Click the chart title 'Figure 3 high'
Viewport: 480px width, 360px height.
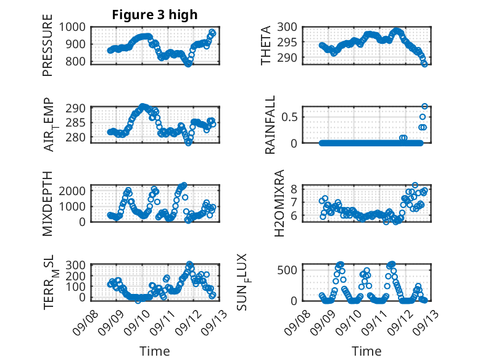tap(154, 15)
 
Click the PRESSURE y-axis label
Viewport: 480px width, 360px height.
tap(48, 50)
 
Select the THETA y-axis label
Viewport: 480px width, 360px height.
tap(266, 46)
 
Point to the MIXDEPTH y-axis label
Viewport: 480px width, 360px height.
tap(48, 203)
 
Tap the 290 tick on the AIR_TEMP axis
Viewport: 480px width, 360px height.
tap(78, 108)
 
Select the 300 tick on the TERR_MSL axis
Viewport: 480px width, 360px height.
tap(78, 265)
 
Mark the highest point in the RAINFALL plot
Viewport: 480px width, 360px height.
tap(424, 106)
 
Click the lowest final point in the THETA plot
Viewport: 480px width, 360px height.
tap(424, 64)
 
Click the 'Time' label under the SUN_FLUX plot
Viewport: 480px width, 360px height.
tap(366, 351)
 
